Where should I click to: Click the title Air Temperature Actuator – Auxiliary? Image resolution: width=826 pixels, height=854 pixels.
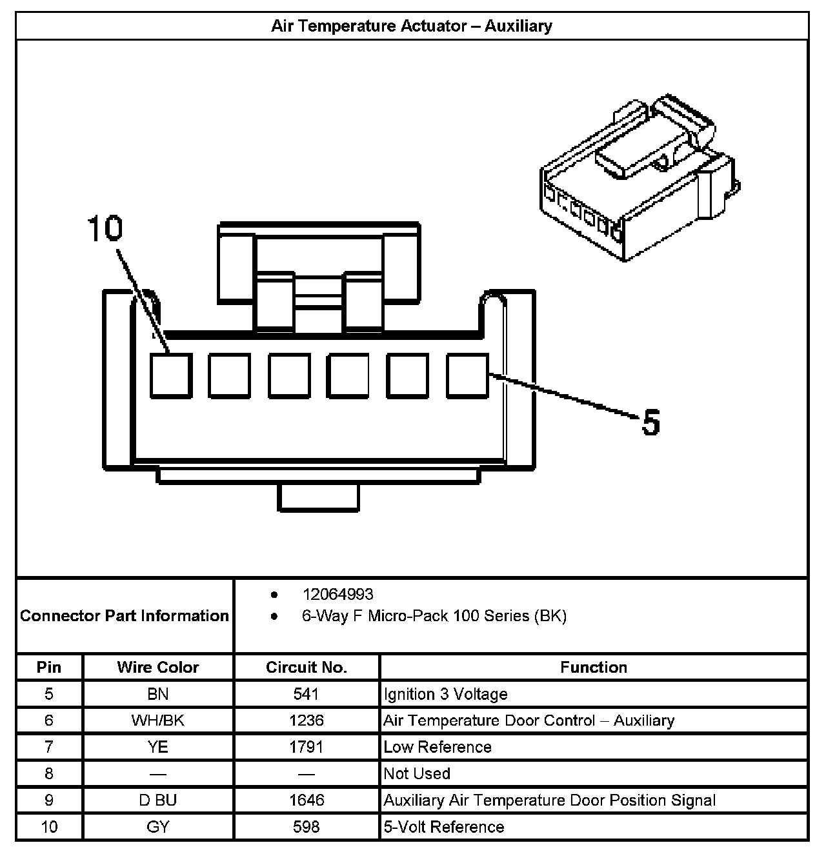(411, 26)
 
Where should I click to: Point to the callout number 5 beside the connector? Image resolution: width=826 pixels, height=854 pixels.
(651, 422)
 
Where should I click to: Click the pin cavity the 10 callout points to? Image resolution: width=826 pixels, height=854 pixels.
(171, 375)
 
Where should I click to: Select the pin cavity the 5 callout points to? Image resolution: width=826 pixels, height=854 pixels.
(468, 375)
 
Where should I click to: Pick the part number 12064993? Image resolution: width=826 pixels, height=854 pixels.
(337, 594)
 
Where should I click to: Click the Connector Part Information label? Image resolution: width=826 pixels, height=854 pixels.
(125, 615)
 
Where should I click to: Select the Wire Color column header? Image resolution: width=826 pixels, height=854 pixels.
(158, 667)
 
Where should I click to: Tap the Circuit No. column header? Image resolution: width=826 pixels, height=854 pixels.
(307, 667)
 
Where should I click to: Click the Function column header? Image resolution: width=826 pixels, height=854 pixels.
(594, 667)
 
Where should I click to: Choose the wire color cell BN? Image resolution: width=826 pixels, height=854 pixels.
(158, 694)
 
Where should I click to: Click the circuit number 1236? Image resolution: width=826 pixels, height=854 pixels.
(307, 720)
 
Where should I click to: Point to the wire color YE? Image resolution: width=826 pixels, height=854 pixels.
(158, 747)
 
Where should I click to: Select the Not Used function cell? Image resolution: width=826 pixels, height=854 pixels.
(417, 773)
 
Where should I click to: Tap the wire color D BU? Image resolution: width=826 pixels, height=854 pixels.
(158, 800)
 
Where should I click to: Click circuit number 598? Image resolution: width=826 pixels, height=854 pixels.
(307, 827)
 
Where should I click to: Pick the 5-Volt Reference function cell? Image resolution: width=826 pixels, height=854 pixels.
(444, 827)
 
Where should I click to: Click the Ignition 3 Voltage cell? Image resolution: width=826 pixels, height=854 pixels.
(445, 694)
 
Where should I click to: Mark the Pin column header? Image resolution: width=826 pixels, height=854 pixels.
(49, 667)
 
